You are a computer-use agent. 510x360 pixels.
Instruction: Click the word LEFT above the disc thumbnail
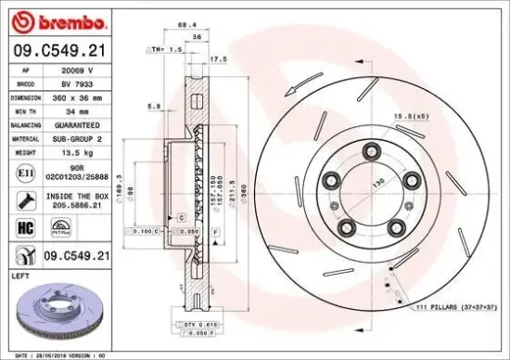click(19, 275)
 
